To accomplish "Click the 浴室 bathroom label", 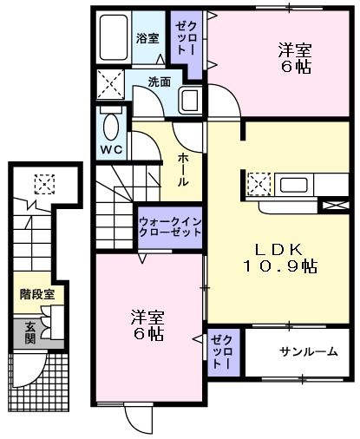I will point(147,38).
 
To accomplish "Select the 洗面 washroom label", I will point(159,83).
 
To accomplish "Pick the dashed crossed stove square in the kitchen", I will point(259,185).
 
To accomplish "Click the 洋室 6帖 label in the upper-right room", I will point(295,57).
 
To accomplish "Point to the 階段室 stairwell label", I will point(37,294).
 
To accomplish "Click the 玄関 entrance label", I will point(30,331).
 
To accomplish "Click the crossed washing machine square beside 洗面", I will point(110,84).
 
